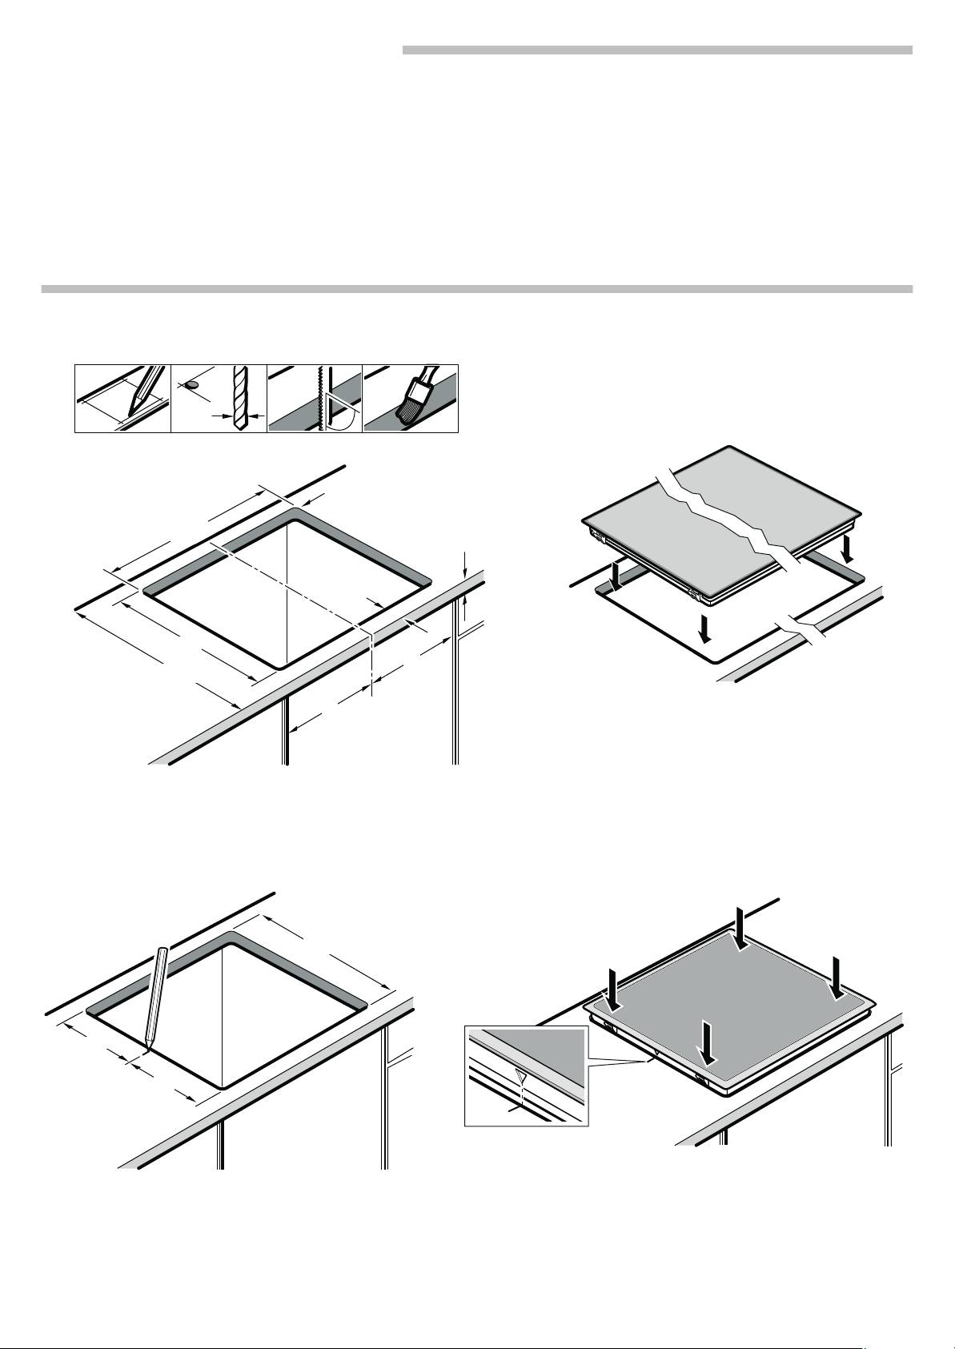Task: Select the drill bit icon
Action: tap(236, 399)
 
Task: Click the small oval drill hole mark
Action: tap(192, 384)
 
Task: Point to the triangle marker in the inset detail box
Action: tap(521, 1075)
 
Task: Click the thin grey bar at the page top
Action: tap(656, 50)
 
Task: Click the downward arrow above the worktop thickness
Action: tap(464, 562)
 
